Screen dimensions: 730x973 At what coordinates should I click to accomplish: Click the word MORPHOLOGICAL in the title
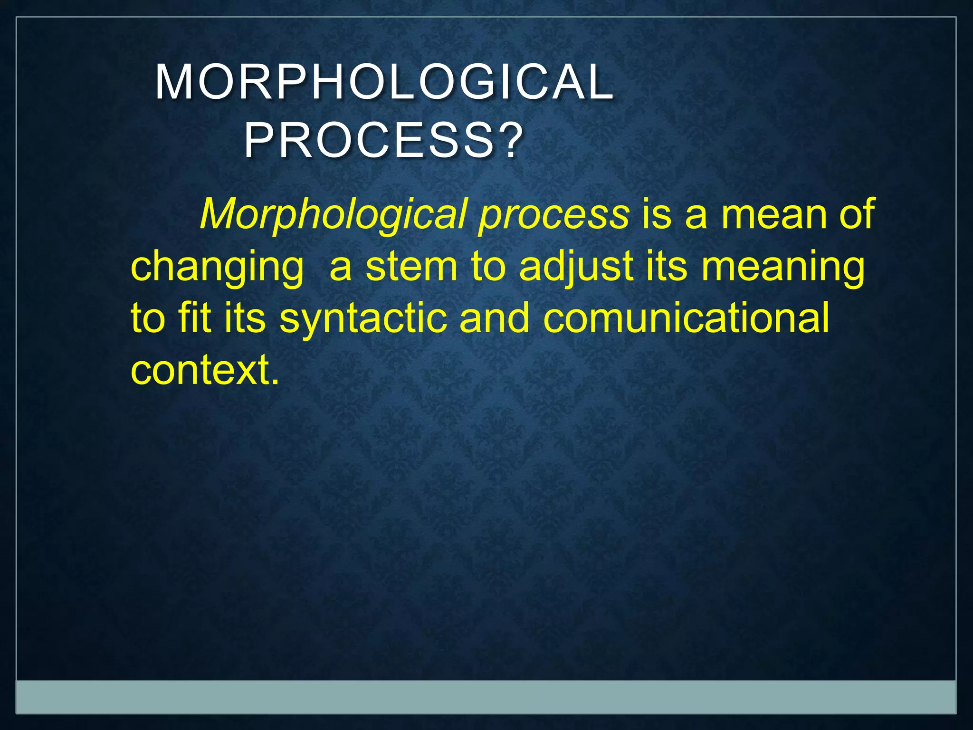click(384, 83)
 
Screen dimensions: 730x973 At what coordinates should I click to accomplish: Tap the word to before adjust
click(488, 267)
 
